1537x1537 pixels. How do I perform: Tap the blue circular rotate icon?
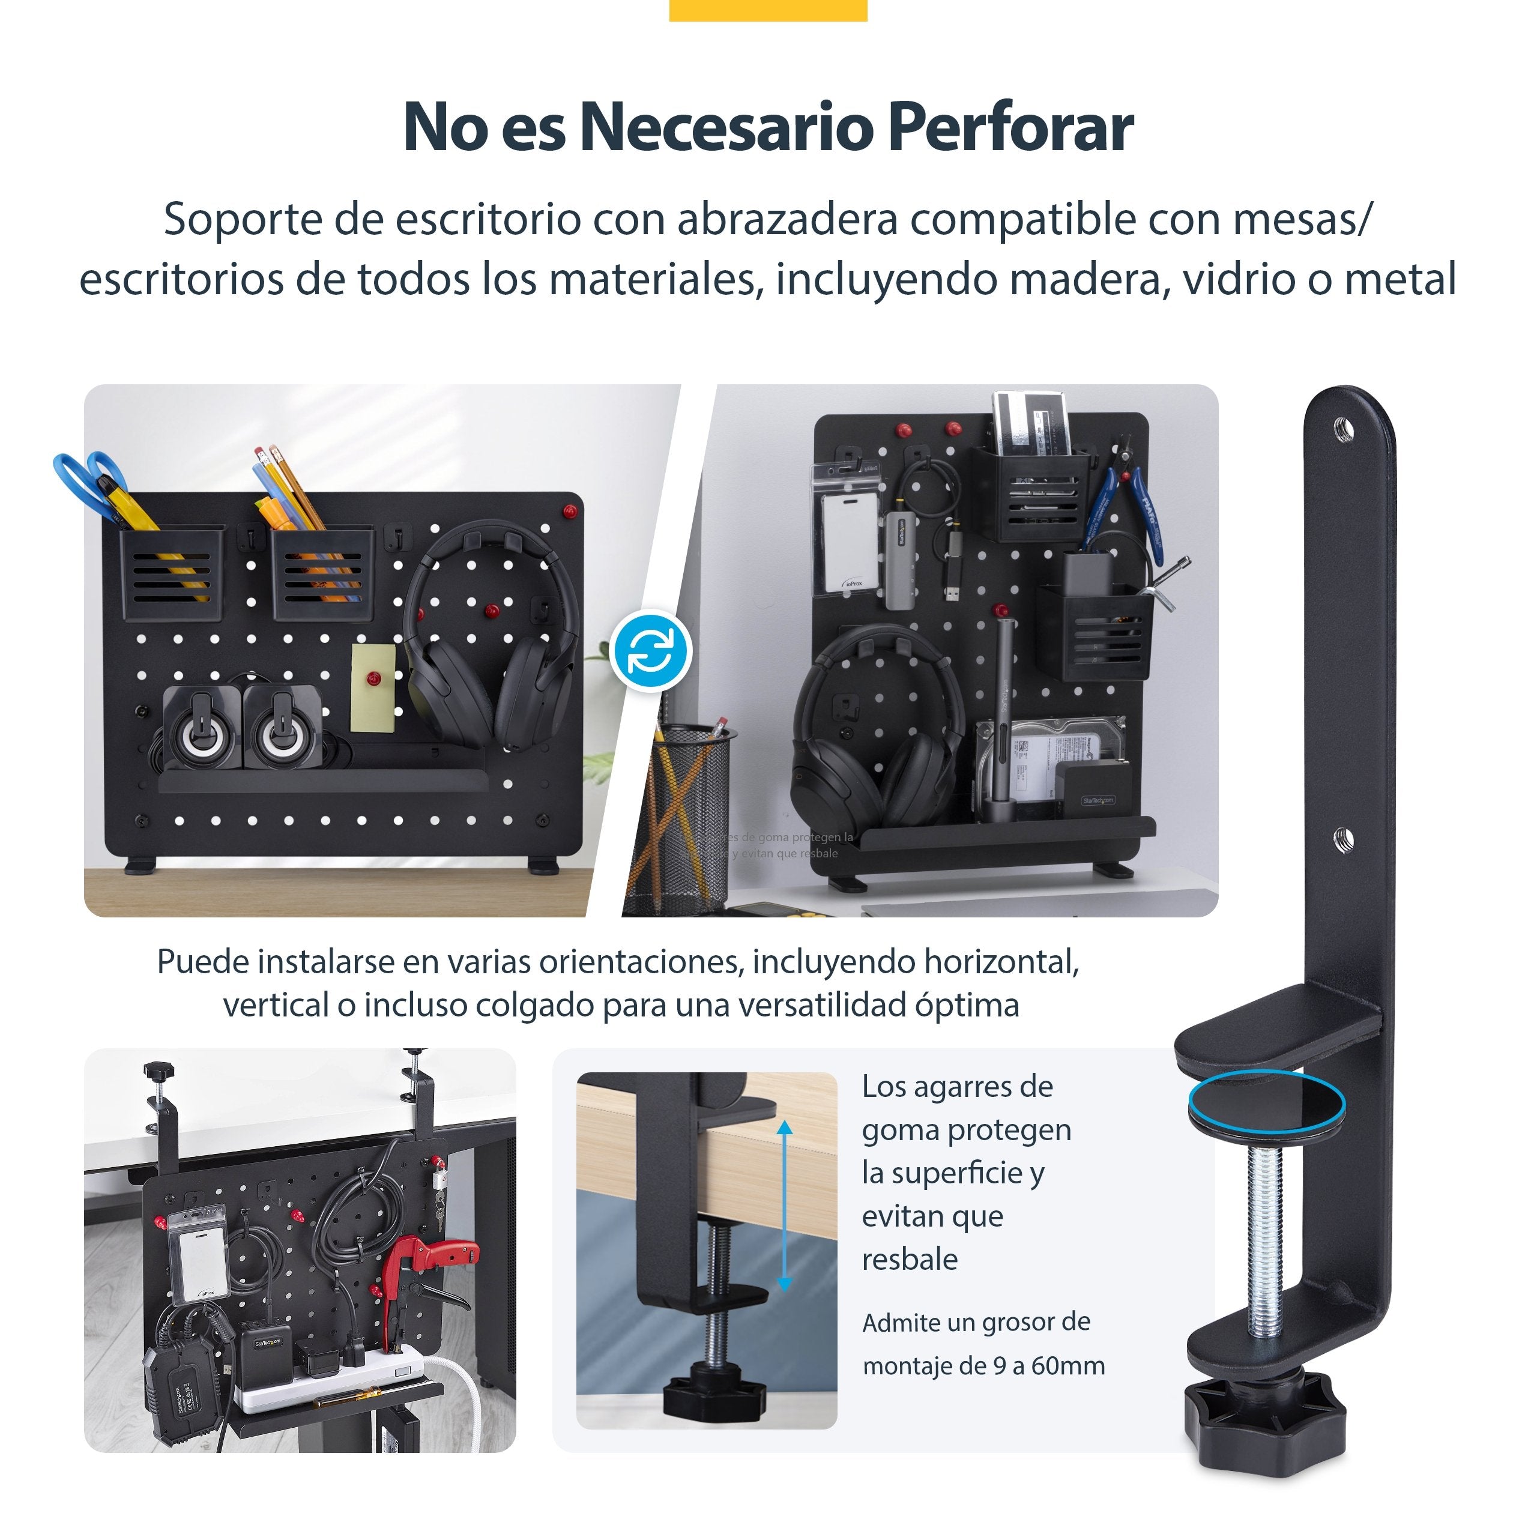[651, 651]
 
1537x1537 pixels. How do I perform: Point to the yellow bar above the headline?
[768, 10]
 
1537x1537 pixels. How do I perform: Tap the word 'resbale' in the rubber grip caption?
[910, 1260]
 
